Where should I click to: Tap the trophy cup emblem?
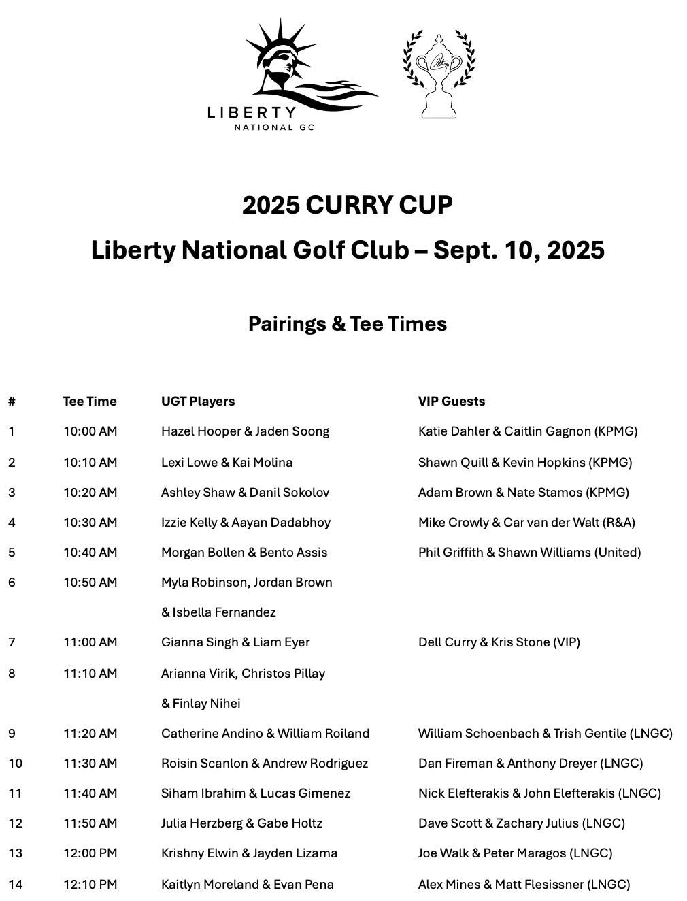coord(439,75)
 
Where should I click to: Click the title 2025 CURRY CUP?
coord(347,205)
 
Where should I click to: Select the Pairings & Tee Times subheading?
coord(347,323)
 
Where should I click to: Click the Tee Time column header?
coord(90,402)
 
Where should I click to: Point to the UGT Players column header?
coord(198,402)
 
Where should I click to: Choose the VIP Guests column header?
coord(452,402)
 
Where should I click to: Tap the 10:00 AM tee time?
coord(90,431)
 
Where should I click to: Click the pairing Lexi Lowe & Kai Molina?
coord(227,463)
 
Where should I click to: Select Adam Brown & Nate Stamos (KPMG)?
coord(523,493)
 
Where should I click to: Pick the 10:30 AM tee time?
coord(90,523)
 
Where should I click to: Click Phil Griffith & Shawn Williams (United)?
coord(529,553)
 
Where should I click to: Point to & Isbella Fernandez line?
coord(218,612)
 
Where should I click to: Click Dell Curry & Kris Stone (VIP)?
coord(499,642)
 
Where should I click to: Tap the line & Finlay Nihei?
coord(201,704)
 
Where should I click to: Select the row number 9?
coord(12,734)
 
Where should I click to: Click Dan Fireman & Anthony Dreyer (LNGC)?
coord(531,764)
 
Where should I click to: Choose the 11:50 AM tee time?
coord(90,823)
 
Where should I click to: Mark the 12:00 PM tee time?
coord(90,853)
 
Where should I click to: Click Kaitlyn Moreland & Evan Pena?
coord(247,885)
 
